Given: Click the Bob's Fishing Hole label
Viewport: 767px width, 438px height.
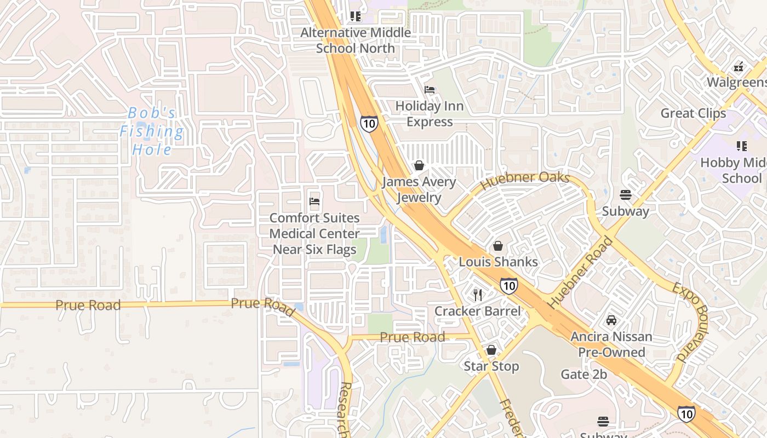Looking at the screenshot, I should (x=152, y=131).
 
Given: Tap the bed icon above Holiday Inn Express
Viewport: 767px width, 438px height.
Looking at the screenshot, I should (x=430, y=90).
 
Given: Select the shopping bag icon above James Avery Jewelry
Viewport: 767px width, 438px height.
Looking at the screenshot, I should (x=419, y=165).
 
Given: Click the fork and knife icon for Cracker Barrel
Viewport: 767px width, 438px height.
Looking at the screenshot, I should (x=478, y=295).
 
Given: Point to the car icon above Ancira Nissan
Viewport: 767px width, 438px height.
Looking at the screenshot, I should (x=611, y=320).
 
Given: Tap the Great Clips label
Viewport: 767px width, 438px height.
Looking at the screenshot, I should (x=693, y=113).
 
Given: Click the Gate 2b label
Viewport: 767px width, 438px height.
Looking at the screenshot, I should (x=584, y=374).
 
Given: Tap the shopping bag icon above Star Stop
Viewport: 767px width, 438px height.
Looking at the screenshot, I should (x=491, y=350).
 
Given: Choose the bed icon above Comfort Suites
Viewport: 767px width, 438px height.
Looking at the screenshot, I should (x=314, y=201).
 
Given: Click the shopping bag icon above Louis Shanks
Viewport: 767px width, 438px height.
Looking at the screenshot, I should (x=498, y=246).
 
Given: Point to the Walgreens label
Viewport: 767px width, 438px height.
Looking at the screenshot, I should (x=736, y=82).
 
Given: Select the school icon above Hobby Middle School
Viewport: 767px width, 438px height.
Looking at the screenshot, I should (x=741, y=146).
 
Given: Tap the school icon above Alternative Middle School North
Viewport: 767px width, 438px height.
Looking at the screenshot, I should (x=356, y=16).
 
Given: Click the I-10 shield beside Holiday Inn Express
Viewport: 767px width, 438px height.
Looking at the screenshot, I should (x=369, y=124).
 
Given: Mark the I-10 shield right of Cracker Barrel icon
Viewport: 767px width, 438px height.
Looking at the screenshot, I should (x=508, y=285).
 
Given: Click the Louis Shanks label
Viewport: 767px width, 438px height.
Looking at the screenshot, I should (x=498, y=262).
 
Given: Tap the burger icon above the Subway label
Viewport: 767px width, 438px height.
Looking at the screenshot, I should (x=625, y=195).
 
